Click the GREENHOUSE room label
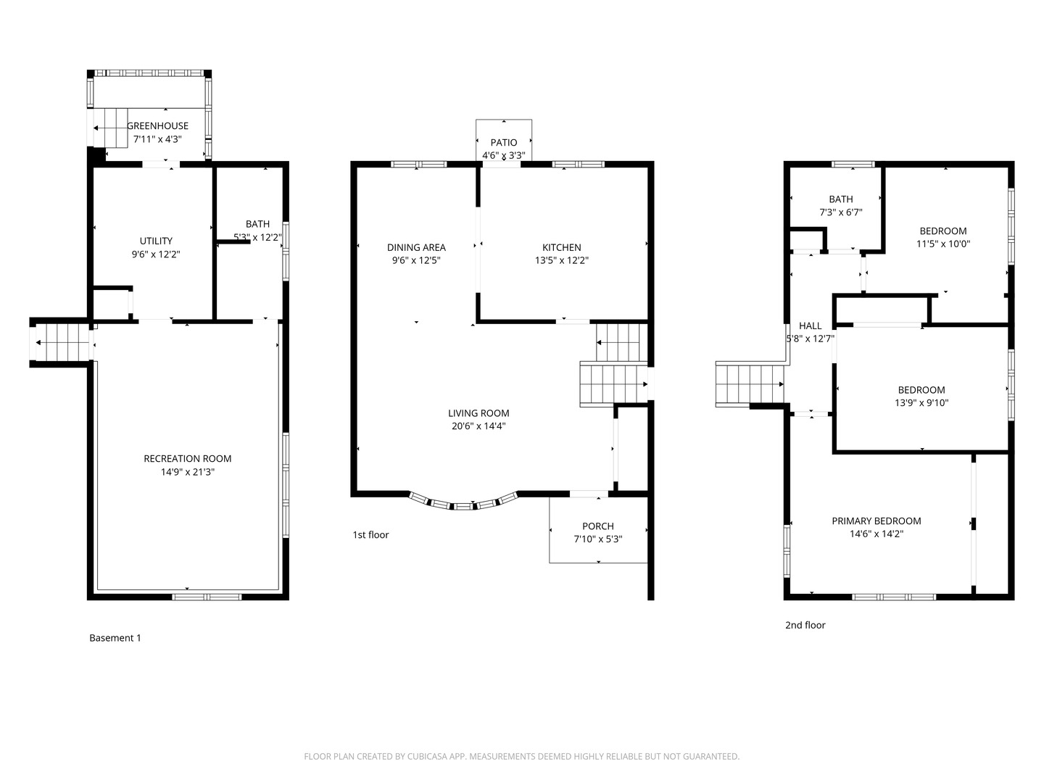[x=157, y=125]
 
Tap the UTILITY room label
[x=156, y=241]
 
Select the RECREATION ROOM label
[x=188, y=458]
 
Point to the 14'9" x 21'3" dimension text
[x=188, y=472]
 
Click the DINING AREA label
[x=416, y=247]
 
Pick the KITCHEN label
[x=562, y=247]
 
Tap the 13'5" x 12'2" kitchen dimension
[x=562, y=260]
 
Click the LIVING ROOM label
[x=478, y=413]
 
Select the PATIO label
[x=504, y=142]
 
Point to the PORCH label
[x=598, y=526]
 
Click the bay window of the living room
[x=463, y=503]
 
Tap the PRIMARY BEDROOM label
[x=877, y=521]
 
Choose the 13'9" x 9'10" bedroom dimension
[x=921, y=403]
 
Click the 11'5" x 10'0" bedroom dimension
[x=943, y=244]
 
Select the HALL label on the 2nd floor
[x=810, y=326]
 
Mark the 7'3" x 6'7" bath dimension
[x=841, y=212]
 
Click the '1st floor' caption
[x=370, y=535]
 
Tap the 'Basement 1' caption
[x=115, y=638]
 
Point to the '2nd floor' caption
[x=805, y=625]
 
